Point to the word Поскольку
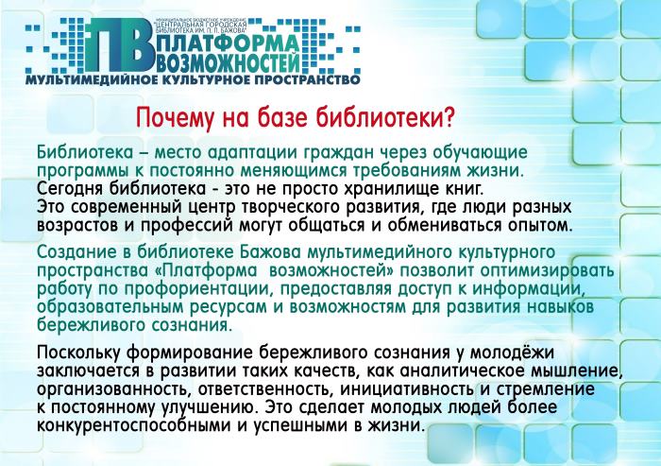pyautogui.click(x=79, y=353)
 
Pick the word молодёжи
pyautogui.click(x=512, y=353)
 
